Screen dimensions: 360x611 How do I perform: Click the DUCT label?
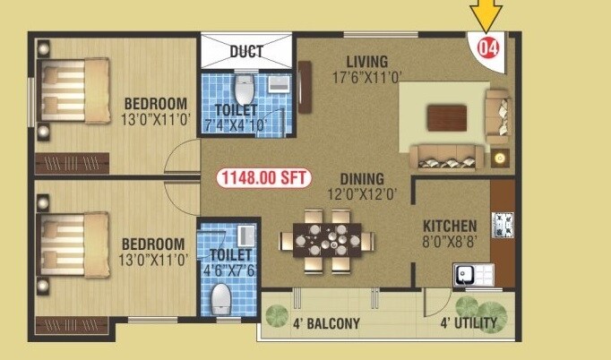pos(246,51)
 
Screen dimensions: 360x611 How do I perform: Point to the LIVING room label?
pos(367,62)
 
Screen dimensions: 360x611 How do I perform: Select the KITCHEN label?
pos(450,226)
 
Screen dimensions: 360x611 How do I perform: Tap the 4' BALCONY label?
pos(325,323)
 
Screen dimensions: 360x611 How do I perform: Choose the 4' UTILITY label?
pos(469,323)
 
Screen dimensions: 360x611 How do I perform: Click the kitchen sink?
pos(467,275)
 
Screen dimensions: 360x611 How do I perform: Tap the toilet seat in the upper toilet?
pos(244,90)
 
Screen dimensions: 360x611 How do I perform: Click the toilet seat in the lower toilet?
pos(219,296)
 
